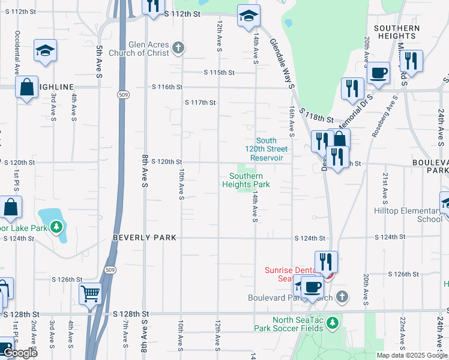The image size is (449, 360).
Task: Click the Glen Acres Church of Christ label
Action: tap(149, 49)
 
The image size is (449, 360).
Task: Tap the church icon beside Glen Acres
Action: tap(178, 47)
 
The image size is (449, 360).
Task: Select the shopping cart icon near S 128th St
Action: tap(91, 294)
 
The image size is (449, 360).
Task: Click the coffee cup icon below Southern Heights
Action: tap(378, 73)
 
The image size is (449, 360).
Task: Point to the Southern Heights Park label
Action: tap(246, 181)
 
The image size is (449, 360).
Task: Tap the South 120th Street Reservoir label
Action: tap(266, 149)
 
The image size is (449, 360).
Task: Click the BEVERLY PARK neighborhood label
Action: tap(145, 238)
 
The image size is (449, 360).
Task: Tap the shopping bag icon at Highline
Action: tap(28, 88)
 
